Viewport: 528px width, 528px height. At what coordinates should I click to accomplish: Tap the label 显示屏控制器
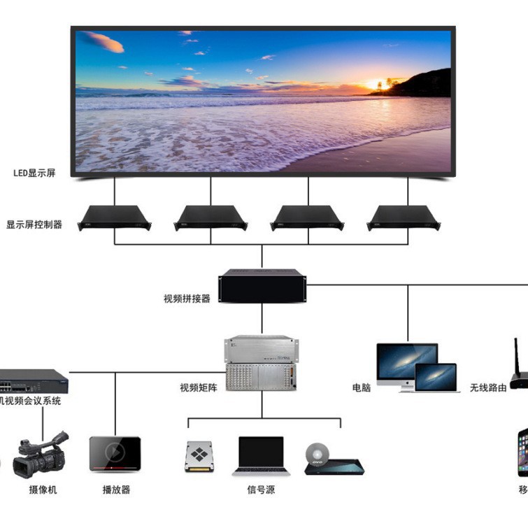34,225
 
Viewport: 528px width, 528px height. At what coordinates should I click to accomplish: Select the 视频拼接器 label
187,299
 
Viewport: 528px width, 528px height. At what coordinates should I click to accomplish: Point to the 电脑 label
362,387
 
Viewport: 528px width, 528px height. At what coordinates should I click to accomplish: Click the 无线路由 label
488,387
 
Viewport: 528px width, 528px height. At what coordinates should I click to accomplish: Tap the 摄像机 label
43,490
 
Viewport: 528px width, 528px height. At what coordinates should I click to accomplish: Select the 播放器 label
115,490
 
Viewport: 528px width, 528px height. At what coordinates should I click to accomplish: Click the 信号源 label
261,490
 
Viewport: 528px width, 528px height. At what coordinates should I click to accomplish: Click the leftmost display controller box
113,217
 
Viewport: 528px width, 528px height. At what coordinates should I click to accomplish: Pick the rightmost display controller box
401,217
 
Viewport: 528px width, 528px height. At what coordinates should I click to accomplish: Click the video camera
42,454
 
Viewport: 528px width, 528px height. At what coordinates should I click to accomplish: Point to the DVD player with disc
331,460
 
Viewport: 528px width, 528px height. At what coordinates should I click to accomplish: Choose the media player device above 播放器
115,454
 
